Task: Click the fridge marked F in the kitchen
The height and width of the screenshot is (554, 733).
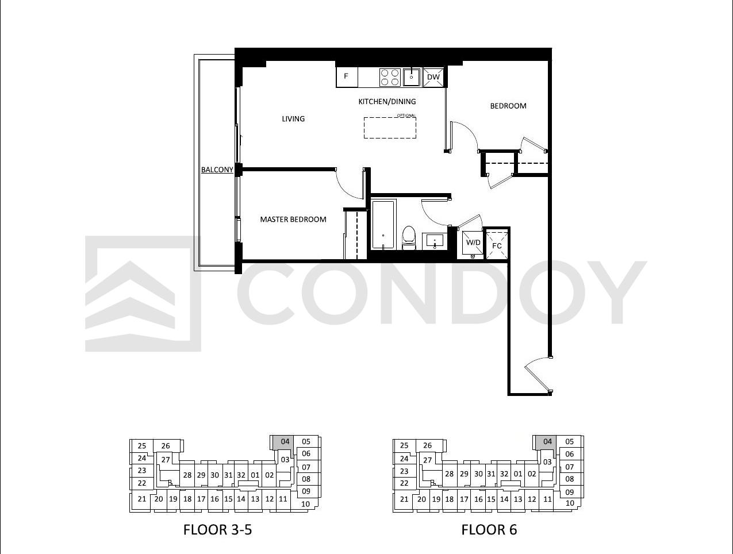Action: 347,77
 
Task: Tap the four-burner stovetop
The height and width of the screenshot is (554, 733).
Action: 390,78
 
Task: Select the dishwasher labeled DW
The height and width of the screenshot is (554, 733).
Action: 433,77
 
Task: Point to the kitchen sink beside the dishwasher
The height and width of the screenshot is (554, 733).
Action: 412,77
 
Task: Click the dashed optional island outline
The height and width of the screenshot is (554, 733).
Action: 390,128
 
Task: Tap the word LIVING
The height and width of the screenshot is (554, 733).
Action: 293,119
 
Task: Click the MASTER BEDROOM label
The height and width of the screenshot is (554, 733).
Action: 293,220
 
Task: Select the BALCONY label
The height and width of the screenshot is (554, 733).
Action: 217,170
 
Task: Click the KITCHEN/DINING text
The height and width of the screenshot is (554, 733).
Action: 387,102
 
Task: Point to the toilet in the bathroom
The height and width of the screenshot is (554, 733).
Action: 408,237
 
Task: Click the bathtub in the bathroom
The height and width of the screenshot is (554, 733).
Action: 383,224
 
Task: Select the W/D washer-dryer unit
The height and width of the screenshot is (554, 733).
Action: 473,244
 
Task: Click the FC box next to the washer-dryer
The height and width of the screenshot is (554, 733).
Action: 497,245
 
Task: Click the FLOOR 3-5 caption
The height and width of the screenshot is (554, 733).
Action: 217,530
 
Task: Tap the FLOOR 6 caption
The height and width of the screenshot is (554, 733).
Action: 489,530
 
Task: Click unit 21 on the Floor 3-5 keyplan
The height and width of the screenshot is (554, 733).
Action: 142,499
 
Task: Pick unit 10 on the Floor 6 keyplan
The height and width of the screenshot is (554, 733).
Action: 570,503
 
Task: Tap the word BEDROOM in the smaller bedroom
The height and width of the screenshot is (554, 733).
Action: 508,106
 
